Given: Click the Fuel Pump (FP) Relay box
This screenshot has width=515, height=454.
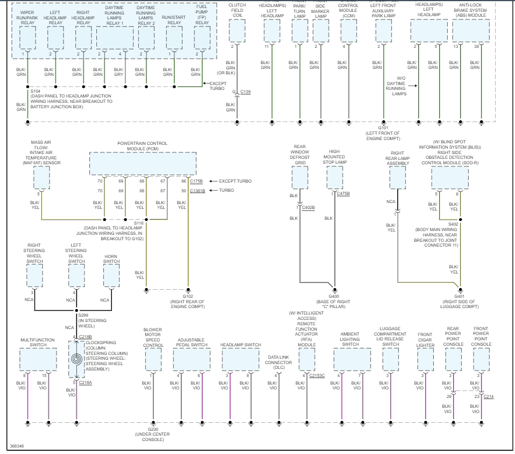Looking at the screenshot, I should click(x=202, y=38).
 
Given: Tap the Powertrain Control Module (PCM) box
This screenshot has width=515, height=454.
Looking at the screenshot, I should click(x=142, y=163).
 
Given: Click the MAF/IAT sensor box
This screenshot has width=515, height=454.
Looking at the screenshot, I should click(x=41, y=177).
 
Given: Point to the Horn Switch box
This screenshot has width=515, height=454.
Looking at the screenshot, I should click(x=111, y=276).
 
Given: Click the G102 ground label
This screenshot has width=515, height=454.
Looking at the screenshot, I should click(x=188, y=296).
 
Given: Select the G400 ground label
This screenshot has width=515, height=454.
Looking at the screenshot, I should click(x=334, y=296).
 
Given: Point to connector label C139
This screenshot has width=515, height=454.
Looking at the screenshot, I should click(x=245, y=92).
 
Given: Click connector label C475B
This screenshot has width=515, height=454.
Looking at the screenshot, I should click(x=343, y=193).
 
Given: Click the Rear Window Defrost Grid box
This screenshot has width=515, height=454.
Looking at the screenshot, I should click(x=300, y=177).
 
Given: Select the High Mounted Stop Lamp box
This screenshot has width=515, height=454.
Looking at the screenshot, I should click(x=334, y=177).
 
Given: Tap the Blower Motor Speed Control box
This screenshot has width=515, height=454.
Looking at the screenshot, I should click(x=153, y=359).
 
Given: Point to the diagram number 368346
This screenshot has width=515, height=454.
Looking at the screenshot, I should click(x=17, y=446).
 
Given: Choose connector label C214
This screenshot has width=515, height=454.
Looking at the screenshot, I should click(x=489, y=396).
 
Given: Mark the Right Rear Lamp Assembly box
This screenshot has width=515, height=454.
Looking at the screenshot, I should click(x=398, y=177).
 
